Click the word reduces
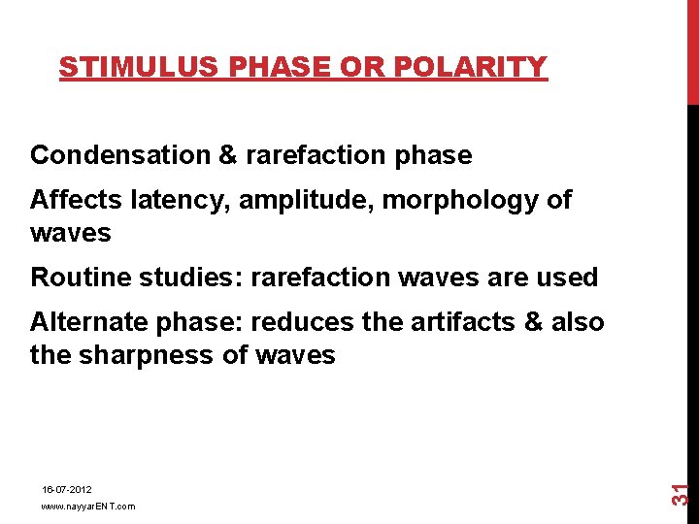(x=316, y=322)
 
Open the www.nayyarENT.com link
(x=88, y=507)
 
